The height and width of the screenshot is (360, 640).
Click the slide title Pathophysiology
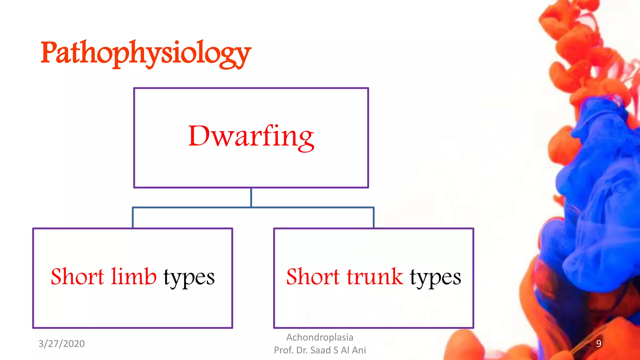146,53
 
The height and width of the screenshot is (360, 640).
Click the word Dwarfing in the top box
251,137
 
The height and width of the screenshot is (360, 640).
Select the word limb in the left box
133,276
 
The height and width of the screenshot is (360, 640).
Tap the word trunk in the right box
375,276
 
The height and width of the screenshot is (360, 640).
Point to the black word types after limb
189,277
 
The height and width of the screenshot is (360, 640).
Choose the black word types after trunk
435,277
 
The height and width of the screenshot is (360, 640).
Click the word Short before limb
77,276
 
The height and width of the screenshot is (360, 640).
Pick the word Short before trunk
312,276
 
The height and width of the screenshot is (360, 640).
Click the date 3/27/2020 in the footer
62,343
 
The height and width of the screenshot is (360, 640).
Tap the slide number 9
598,343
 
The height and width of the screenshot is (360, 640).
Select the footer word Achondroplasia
320,337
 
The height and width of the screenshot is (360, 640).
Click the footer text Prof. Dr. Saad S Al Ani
320,350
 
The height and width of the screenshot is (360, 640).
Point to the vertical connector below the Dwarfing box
251,197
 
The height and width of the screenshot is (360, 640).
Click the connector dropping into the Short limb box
133,218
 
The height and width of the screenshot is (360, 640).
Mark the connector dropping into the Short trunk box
373,218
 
